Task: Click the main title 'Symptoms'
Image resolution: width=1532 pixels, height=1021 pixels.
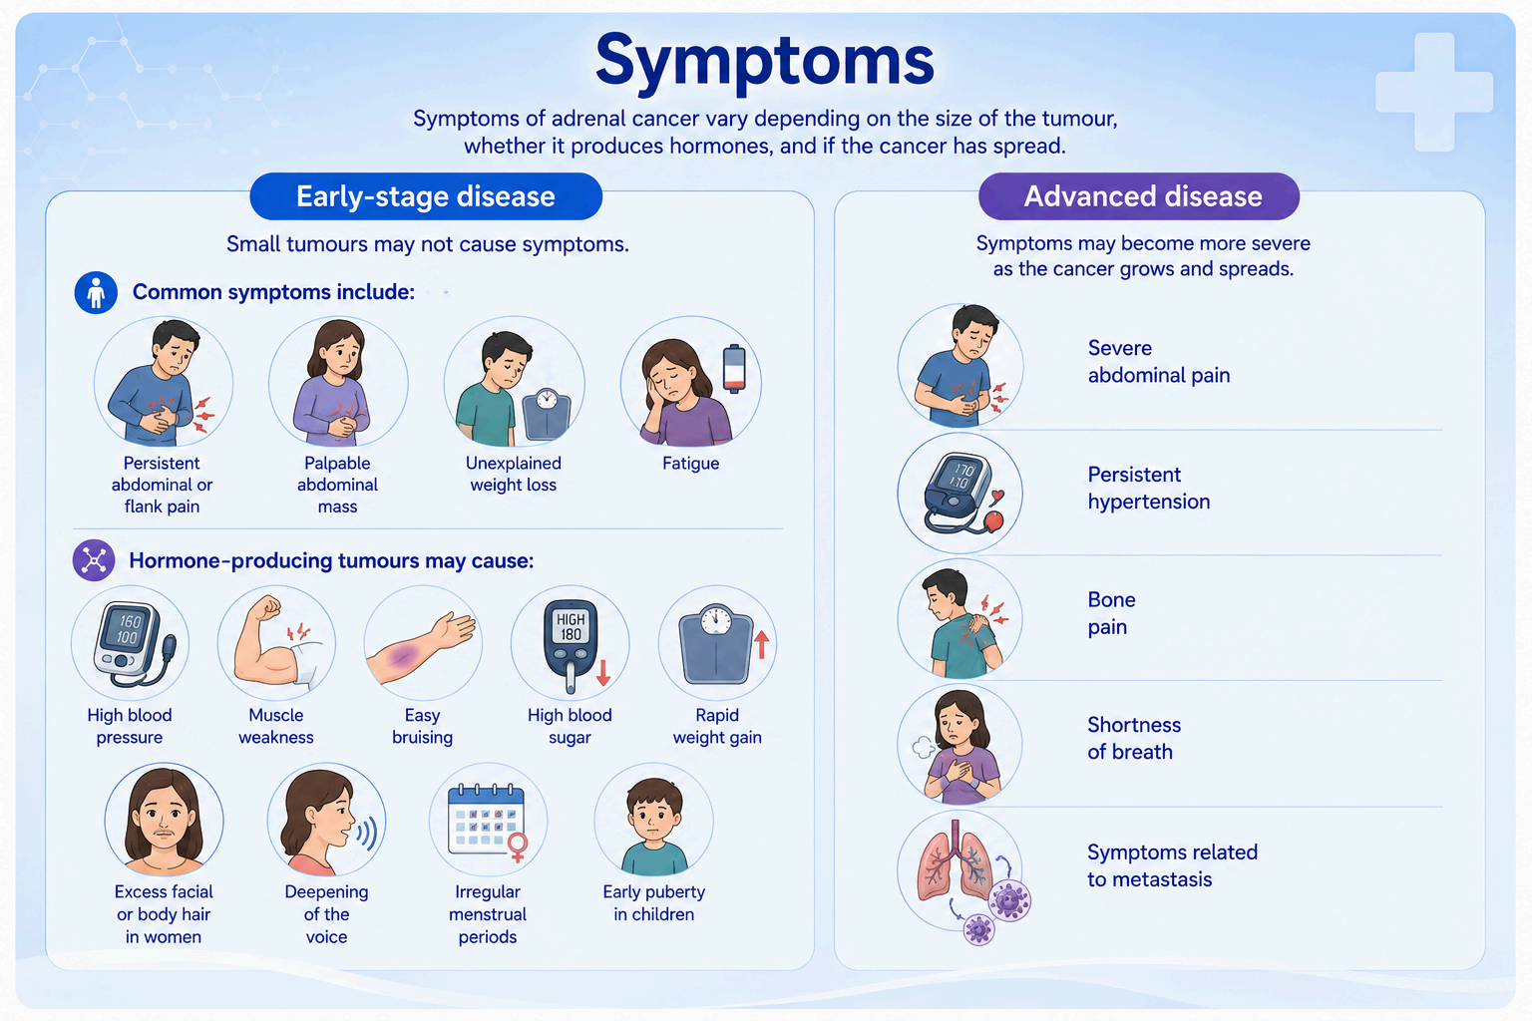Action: [764, 63]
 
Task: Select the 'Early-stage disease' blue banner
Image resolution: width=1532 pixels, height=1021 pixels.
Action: [426, 196]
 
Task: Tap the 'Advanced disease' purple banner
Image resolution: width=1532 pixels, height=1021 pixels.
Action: [1139, 196]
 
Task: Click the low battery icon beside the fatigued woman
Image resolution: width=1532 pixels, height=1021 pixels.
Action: [734, 369]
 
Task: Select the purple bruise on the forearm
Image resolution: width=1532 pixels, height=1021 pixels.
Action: [403, 655]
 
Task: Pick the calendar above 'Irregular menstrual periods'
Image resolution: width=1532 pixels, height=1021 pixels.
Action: [487, 820]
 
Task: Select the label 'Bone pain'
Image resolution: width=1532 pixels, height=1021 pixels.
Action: [1111, 613]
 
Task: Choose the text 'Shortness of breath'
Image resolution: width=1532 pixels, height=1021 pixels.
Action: [1134, 739]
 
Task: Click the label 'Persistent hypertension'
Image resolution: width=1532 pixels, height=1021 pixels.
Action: [1149, 488]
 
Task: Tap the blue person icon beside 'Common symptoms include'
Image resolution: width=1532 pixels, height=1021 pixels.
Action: [96, 293]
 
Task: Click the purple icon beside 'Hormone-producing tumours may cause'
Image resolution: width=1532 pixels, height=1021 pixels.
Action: [94, 560]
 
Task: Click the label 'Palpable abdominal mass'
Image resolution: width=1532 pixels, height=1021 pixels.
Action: [337, 485]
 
